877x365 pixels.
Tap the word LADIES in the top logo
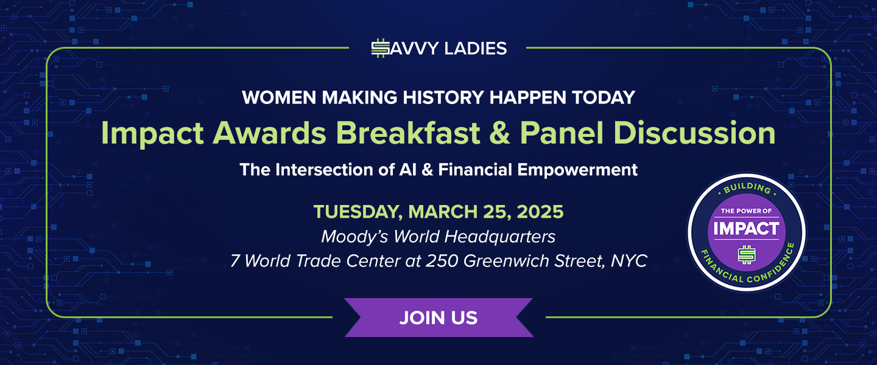point(476,49)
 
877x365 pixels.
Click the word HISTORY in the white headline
point(443,97)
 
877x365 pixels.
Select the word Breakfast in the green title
point(407,133)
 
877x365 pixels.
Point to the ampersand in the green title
point(499,133)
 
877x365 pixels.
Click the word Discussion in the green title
point(694,133)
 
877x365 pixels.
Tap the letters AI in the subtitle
point(407,170)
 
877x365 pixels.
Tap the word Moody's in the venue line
point(354,237)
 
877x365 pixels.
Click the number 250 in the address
point(442,261)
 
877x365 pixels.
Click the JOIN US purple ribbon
point(438,318)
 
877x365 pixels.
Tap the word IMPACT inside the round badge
point(746,229)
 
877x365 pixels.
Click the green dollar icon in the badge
point(747,255)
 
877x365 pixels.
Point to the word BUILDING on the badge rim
point(747,189)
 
